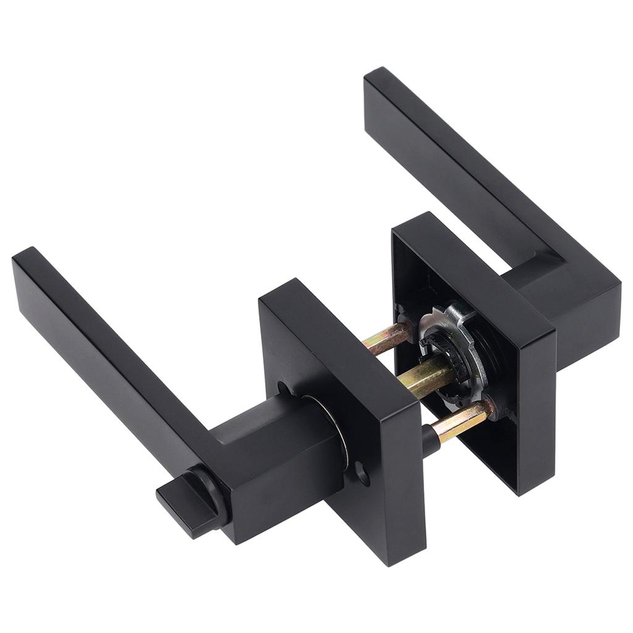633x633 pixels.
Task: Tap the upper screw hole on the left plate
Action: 284,388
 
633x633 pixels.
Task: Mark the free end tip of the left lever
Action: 28,263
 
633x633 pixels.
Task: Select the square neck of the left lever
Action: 278,445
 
